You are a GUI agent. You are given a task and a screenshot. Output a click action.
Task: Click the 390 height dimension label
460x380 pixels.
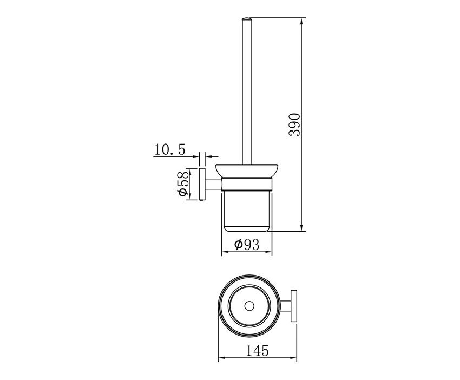295,124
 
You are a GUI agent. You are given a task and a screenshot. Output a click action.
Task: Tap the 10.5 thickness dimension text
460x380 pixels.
169,150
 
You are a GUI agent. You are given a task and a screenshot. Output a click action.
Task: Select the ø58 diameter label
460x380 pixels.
182,184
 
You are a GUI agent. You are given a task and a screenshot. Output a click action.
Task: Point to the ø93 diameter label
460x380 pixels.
247,244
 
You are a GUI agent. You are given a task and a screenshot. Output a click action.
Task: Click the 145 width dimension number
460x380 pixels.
257,350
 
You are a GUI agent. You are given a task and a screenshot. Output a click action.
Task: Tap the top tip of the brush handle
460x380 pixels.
246,18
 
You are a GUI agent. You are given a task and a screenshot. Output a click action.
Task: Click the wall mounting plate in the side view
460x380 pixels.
202,184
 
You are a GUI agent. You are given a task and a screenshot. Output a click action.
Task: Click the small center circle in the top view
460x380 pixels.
249,306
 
